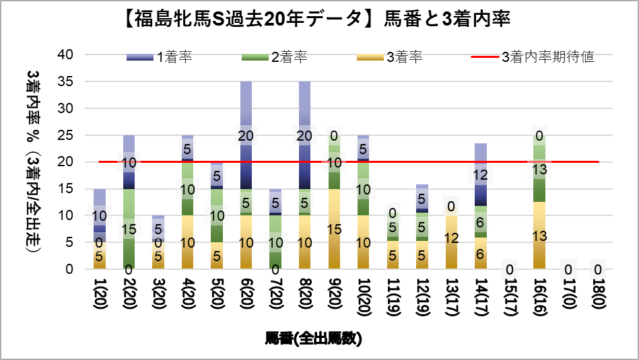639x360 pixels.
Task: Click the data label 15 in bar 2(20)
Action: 129,229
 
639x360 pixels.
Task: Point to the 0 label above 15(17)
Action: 510,270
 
